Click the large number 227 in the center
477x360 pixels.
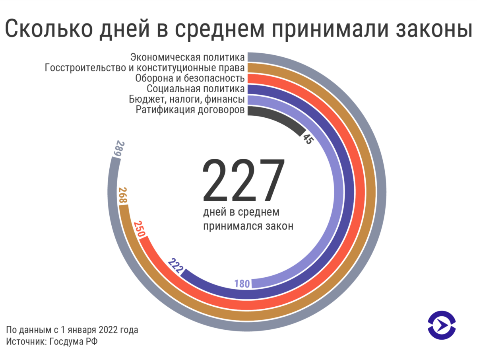point(244,181)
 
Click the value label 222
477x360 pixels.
point(175,267)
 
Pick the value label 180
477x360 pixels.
point(242,284)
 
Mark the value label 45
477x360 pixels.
point(307,138)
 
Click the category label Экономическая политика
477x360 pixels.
point(187,57)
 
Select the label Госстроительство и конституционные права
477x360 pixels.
point(145,68)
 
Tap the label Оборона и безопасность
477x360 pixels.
point(190,78)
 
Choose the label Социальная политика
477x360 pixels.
point(195,88)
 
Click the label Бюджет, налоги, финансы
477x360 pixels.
point(187,99)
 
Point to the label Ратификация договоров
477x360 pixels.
point(190,110)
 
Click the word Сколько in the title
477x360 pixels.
point(50,29)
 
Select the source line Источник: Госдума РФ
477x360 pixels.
point(52,341)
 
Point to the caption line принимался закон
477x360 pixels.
point(248,226)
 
